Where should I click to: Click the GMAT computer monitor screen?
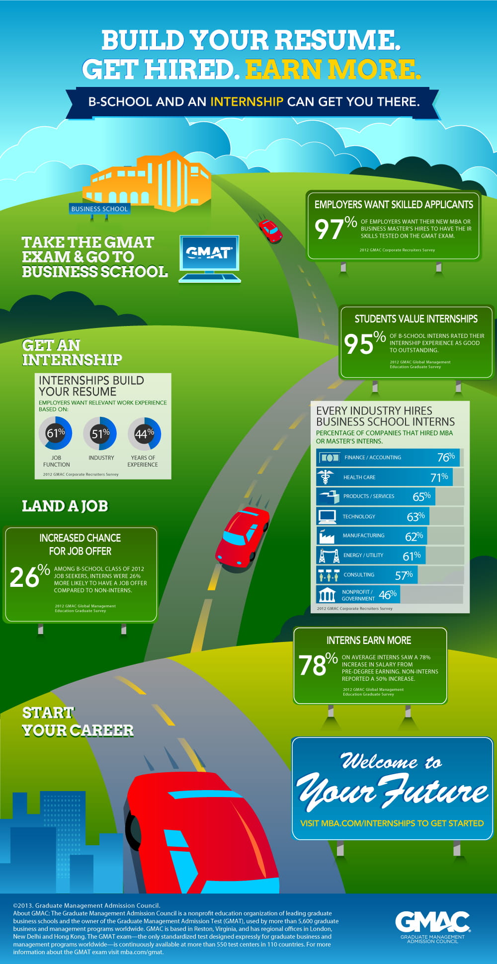coord(209,253)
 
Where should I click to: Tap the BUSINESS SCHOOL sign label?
coord(99,209)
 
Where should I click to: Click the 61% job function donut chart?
coord(56,433)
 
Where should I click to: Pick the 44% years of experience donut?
coord(144,433)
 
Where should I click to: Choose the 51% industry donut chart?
coord(100,433)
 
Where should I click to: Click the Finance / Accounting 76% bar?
coord(388,457)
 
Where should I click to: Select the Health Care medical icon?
coord(326,477)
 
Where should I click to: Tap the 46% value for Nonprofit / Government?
coord(388,594)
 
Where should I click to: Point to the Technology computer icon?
coord(327,516)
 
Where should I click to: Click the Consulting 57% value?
coord(404,575)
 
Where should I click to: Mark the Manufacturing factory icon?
coord(327,536)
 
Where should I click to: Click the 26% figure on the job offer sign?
coord(29,576)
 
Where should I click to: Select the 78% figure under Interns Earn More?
coord(318,665)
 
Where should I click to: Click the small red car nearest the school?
coord(270,231)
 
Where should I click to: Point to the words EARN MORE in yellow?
coord(332,69)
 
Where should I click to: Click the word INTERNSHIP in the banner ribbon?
coord(247,102)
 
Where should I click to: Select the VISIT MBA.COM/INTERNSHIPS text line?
coord(392,823)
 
